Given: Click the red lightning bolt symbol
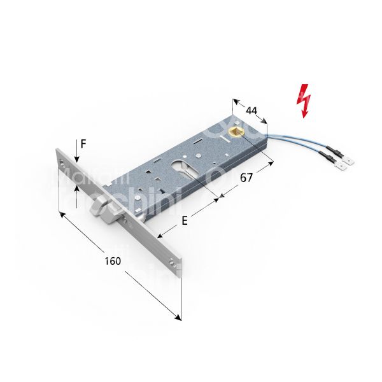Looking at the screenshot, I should (x=306, y=100).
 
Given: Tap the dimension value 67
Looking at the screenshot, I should (x=246, y=178).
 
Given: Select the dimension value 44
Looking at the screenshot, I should (x=252, y=110).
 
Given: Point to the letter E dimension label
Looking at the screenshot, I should (x=185, y=221).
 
